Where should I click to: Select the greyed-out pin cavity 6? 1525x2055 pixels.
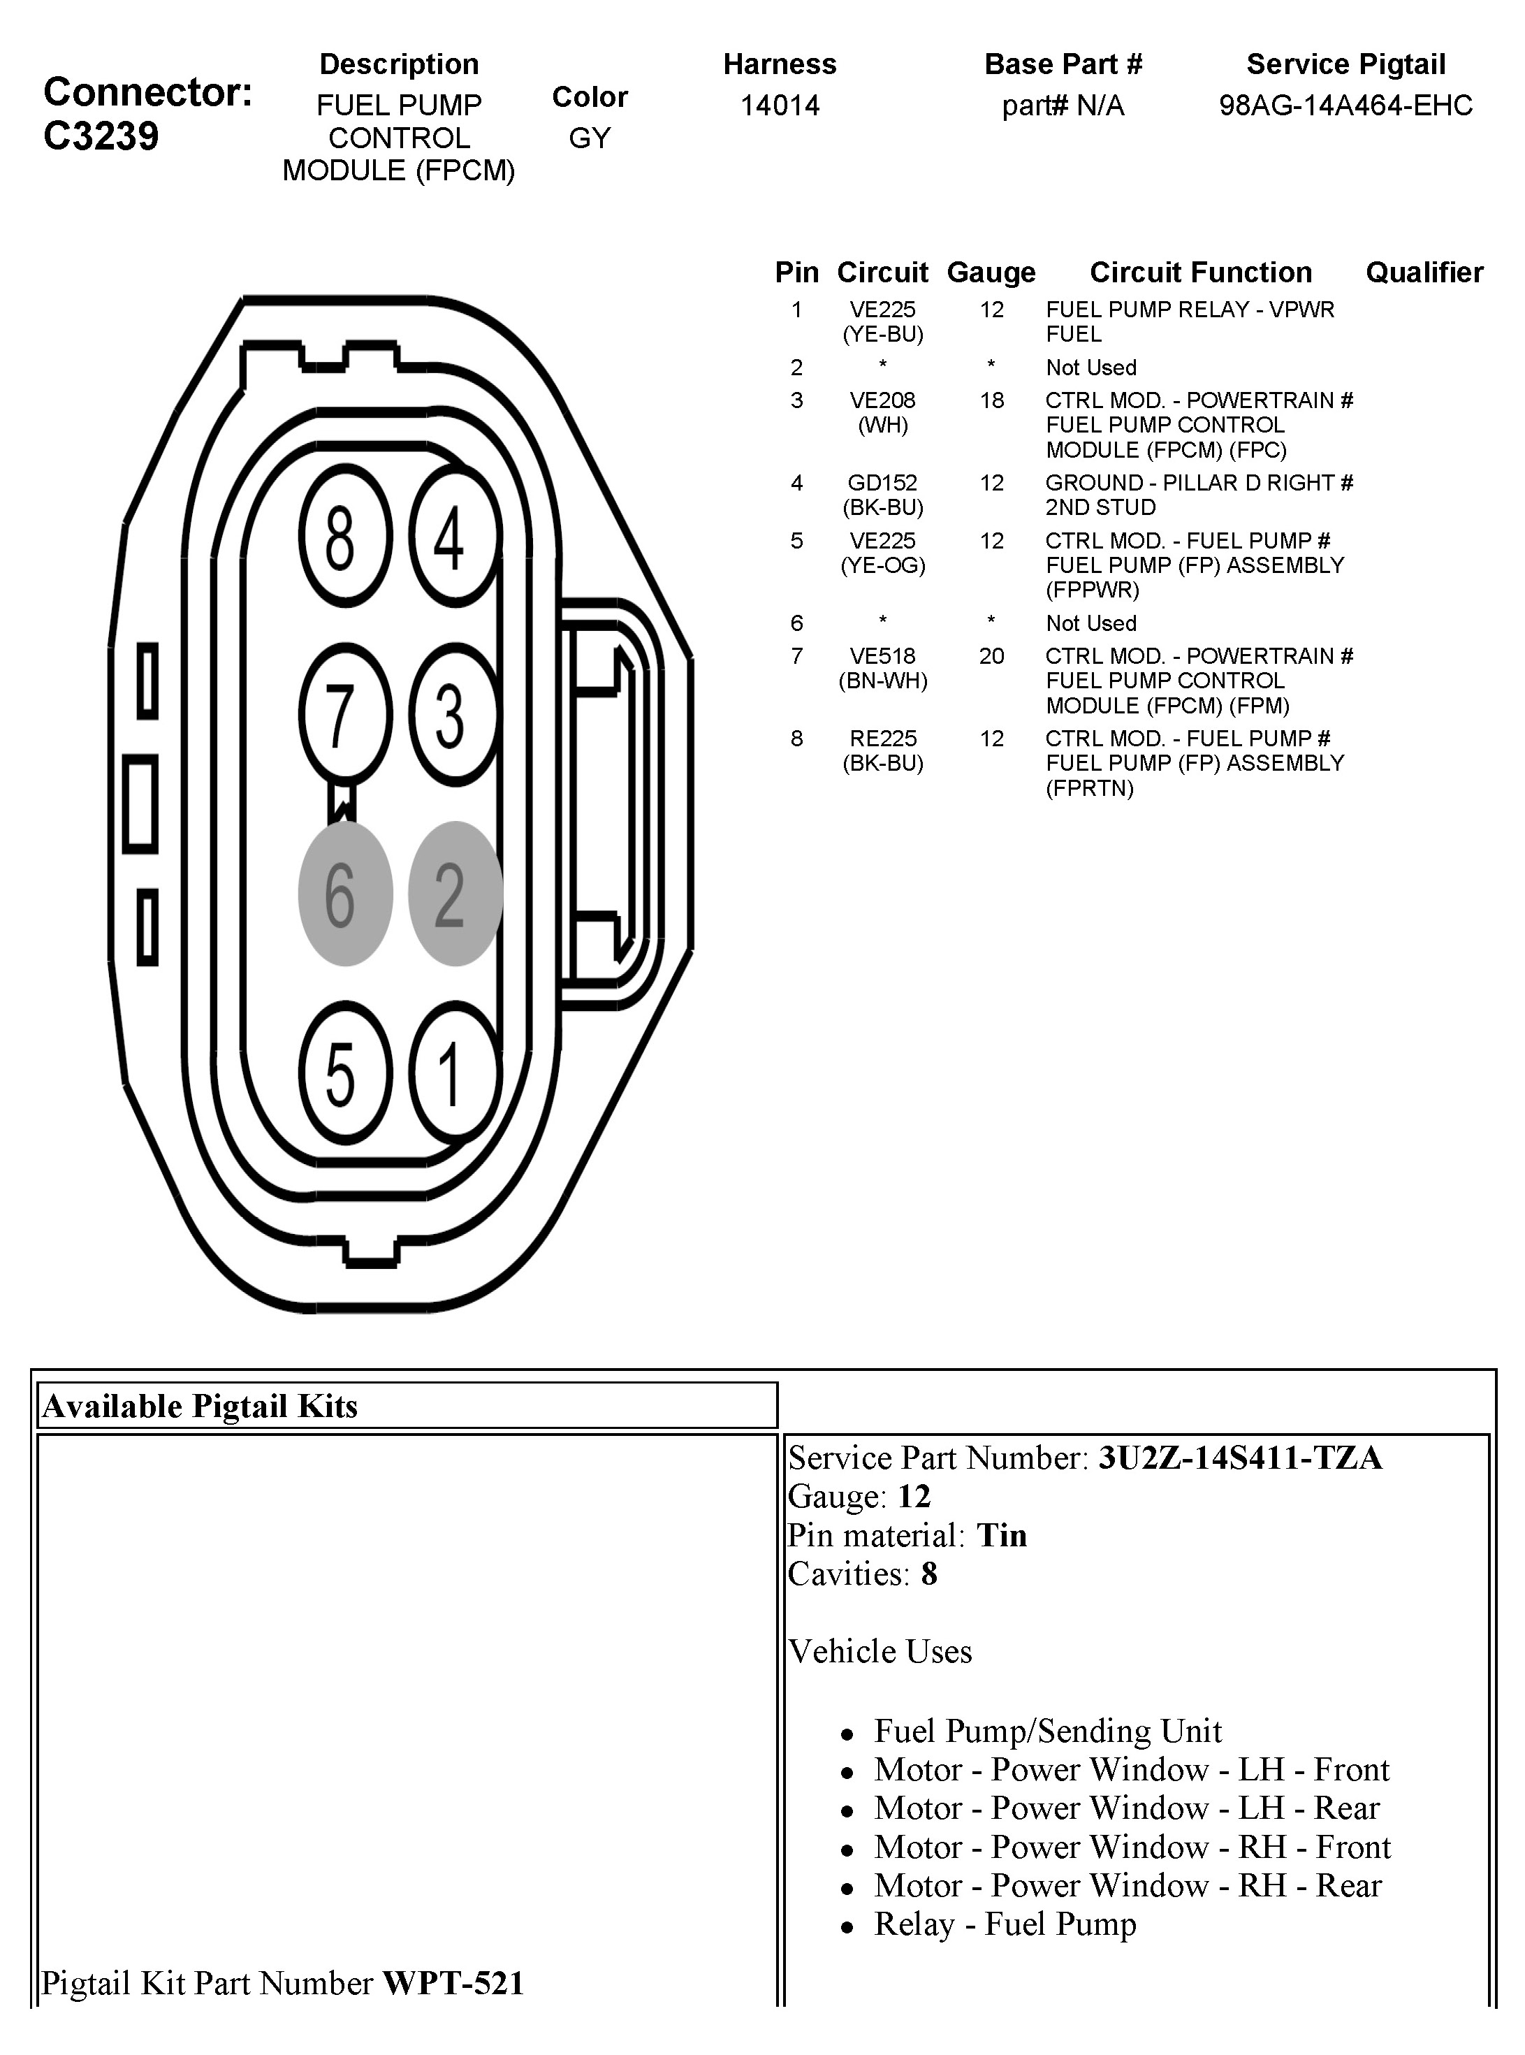pyautogui.click(x=344, y=894)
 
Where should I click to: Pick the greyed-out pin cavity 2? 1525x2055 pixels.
pyautogui.click(x=453, y=894)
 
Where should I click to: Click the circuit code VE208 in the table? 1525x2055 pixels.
pyautogui.click(x=882, y=400)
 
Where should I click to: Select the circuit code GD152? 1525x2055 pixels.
pyautogui.click(x=882, y=483)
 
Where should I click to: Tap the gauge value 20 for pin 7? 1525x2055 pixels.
pyautogui.click(x=991, y=656)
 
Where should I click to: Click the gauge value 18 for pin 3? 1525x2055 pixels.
pyautogui.click(x=991, y=400)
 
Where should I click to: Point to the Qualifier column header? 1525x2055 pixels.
pyautogui.click(x=1424, y=273)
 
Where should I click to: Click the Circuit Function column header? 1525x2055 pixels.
pyautogui.click(x=1200, y=273)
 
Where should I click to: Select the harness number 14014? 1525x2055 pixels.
pyautogui.click(x=780, y=106)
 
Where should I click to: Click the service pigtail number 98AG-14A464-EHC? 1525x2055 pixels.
pyautogui.click(x=1345, y=106)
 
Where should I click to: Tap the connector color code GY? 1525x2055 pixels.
pyautogui.click(x=590, y=138)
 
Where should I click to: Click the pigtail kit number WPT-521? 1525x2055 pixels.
pyautogui.click(x=453, y=1983)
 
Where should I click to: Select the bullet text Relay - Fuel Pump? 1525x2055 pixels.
pyautogui.click(x=1005, y=1924)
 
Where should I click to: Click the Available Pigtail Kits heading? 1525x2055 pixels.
pyautogui.click(x=199, y=1406)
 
